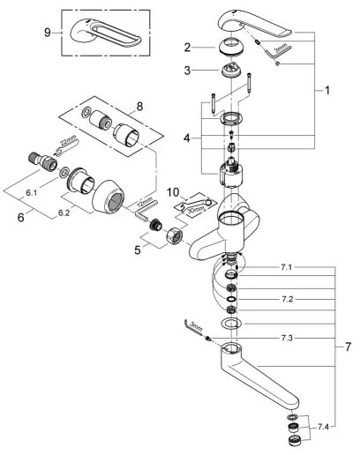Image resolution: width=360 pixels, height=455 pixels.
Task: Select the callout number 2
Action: (187, 47)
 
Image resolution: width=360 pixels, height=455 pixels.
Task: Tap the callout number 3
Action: (187, 70)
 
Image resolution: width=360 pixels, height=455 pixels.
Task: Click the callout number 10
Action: (173, 190)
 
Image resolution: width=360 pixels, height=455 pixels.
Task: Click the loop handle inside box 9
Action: (99, 32)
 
